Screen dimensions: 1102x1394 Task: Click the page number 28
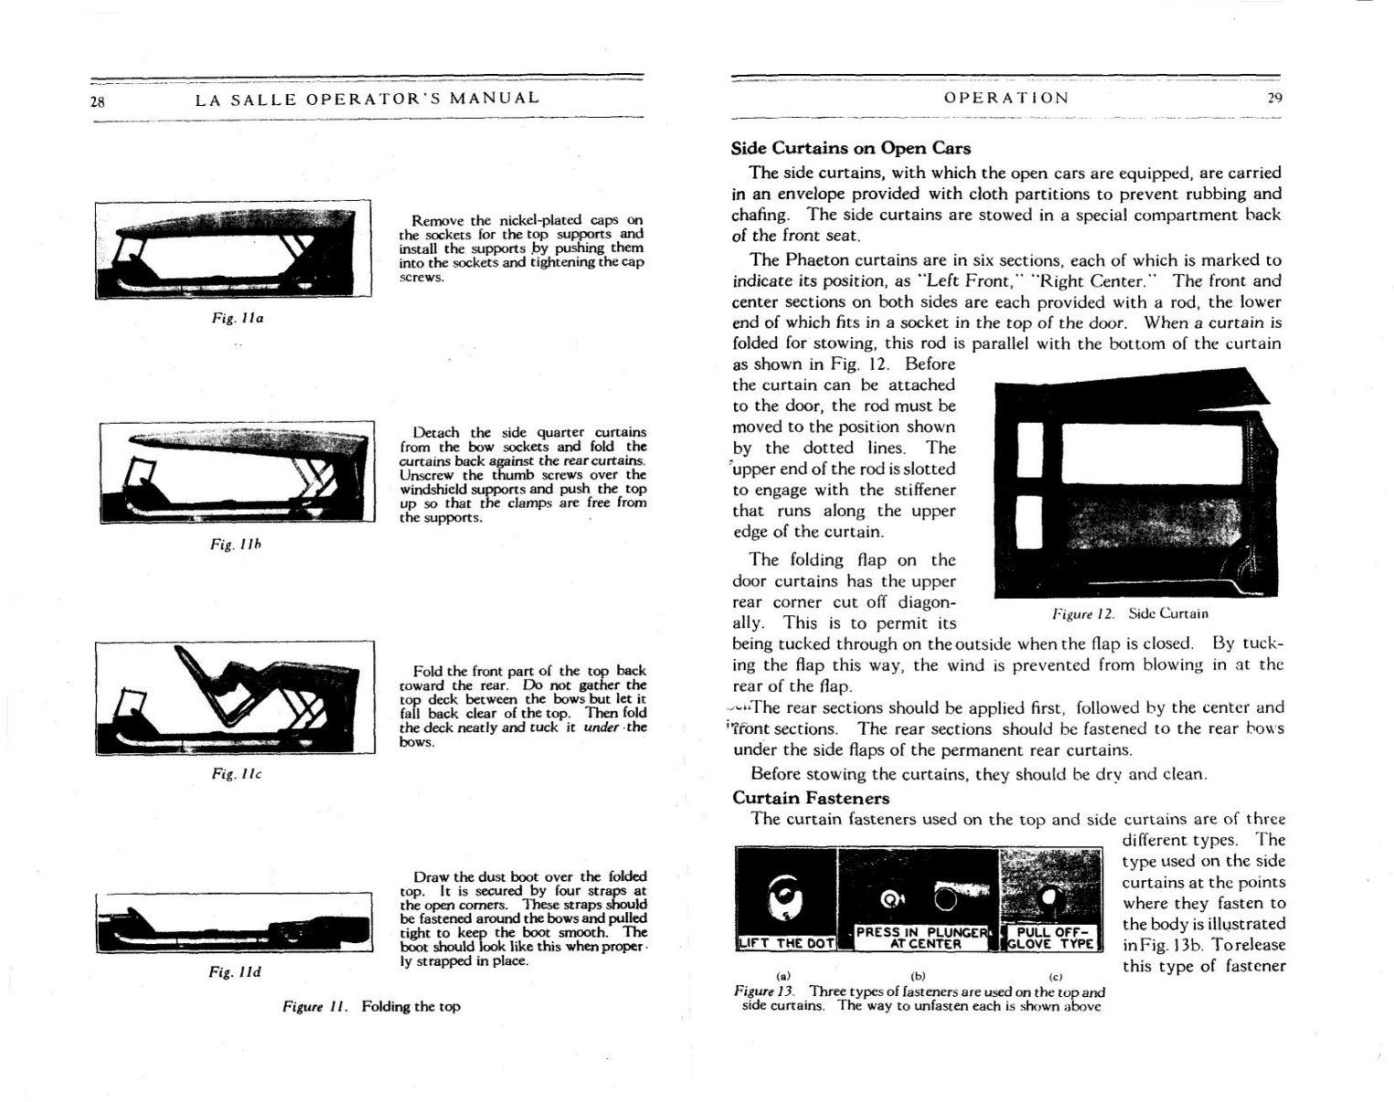[x=97, y=101]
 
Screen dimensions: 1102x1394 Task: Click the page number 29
[x=1274, y=98]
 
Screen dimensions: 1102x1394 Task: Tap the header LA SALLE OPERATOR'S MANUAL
[x=367, y=98]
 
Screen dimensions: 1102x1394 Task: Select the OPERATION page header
[x=1006, y=98]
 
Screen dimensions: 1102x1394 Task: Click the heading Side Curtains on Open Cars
[x=850, y=148]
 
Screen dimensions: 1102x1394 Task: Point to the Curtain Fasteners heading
[x=811, y=798]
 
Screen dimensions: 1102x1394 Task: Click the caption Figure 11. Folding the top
[x=371, y=1006]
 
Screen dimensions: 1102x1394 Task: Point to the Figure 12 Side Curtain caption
[x=1130, y=613]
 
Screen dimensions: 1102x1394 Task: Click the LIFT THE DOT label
[x=786, y=943]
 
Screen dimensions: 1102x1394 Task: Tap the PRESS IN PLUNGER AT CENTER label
[x=922, y=938]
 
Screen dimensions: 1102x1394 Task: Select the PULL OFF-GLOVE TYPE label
[x=1052, y=938]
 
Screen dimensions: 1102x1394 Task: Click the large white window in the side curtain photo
[x=1146, y=453]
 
